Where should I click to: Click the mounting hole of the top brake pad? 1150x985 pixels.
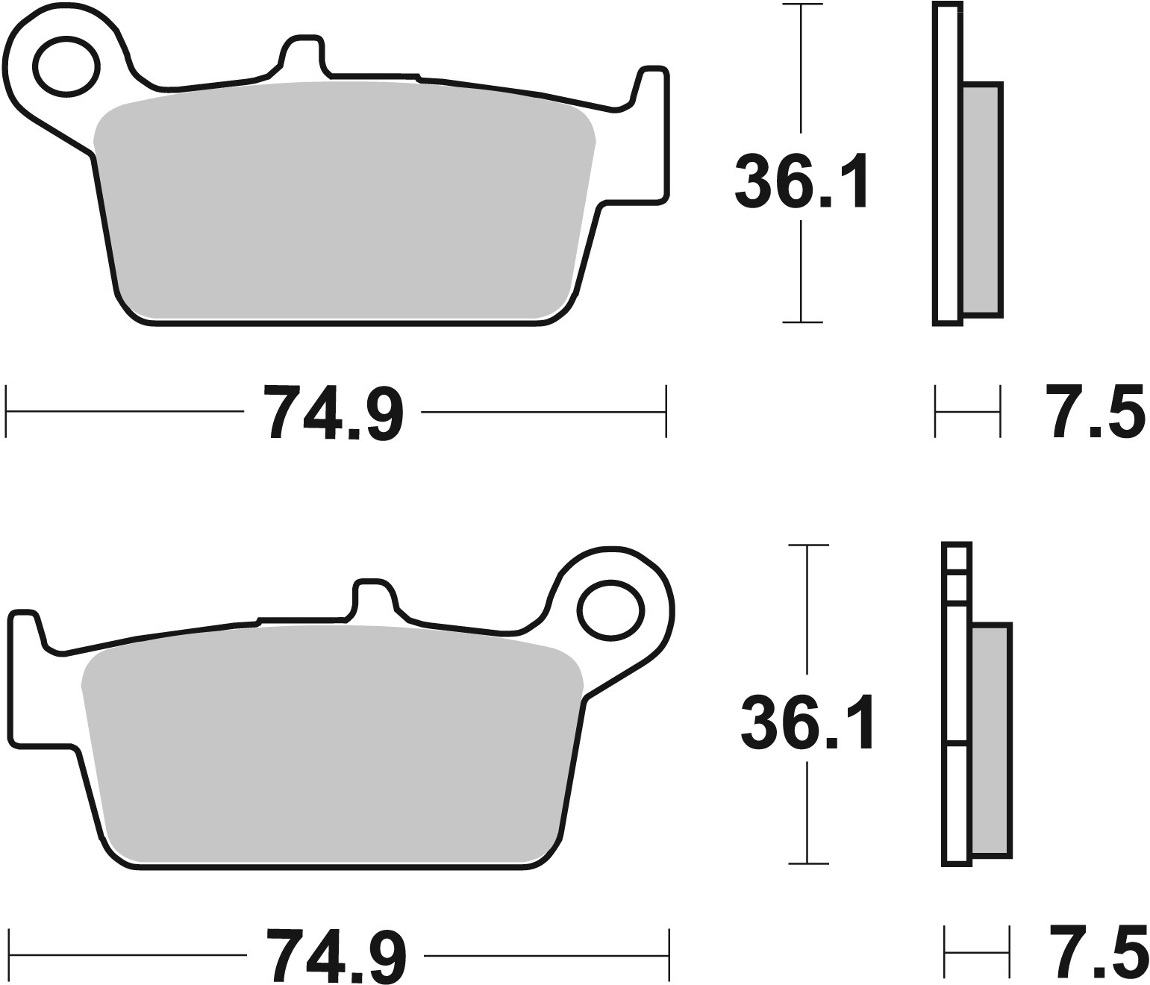point(66,66)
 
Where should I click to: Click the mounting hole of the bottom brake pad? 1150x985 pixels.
point(610,610)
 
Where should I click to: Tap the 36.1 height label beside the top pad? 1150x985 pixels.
point(801,181)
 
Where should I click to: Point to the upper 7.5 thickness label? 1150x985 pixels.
point(1096,411)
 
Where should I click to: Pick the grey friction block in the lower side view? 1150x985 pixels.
point(991,740)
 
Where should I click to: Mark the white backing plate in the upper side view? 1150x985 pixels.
point(946,164)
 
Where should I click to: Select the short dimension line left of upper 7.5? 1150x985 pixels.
point(967,411)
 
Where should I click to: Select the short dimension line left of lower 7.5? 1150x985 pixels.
point(977,951)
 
